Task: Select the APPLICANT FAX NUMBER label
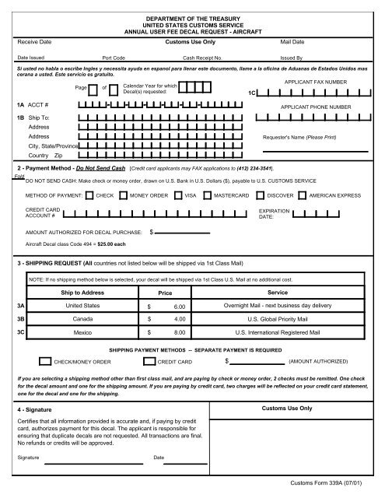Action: tap(316, 81)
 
